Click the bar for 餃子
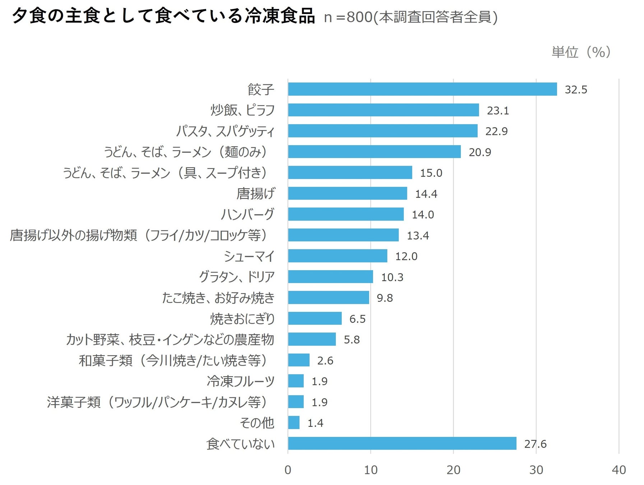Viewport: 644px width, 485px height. pos(422,89)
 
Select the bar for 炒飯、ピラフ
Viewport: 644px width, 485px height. pos(383,110)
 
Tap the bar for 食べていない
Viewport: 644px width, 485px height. pos(402,443)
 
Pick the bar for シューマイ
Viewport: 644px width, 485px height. pos(337,256)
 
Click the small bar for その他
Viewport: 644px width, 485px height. pos(293,422)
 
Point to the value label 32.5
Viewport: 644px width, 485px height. pos(576,89)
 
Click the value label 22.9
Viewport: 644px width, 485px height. pos(496,131)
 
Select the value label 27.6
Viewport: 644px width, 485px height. pos(535,444)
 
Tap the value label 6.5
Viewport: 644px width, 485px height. pos(357,319)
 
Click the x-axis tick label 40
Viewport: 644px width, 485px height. pos(618,470)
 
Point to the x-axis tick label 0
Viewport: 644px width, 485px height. pos(288,470)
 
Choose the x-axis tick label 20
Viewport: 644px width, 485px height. pos(453,470)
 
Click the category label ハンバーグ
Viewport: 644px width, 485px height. pos(247,214)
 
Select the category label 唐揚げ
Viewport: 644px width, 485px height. pos(255,194)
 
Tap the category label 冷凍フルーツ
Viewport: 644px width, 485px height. pos(240,381)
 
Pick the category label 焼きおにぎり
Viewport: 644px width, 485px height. pos(242,319)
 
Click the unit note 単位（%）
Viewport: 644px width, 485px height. pos(581,52)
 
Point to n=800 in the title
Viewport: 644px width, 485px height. pos(348,17)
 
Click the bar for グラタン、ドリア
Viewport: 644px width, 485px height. pos(330,277)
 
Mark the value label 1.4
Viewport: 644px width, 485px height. pos(315,423)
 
